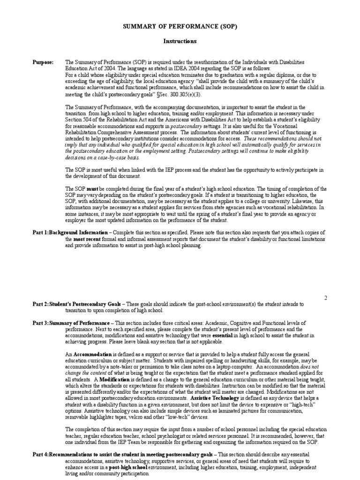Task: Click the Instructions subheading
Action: pos(180,41)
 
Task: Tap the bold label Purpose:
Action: pos(43,62)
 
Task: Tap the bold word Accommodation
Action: pos(92,354)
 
